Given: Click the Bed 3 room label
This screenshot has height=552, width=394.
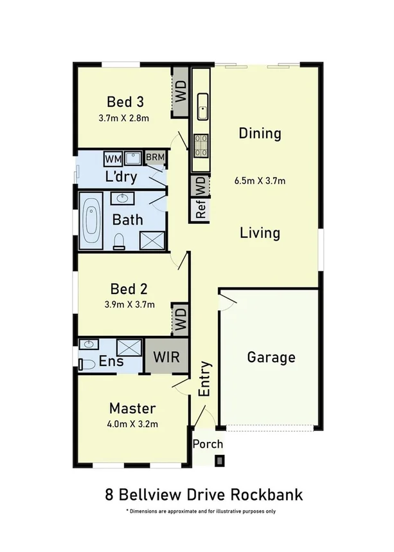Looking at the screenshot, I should click(125, 102).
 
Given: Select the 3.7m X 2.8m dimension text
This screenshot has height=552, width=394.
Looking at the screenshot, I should click(124, 118).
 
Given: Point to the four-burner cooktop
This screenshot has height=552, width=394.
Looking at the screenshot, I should click(200, 145).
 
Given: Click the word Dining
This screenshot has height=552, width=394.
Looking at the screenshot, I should click(260, 134).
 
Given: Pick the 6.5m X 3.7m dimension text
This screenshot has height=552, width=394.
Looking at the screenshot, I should click(260, 181).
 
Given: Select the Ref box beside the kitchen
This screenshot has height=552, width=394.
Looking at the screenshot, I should click(200, 210).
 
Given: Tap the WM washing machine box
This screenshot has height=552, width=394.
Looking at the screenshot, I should click(113, 158).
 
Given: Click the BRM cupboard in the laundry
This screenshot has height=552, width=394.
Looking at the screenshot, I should click(155, 157).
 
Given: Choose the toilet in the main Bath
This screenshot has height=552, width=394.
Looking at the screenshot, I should click(118, 241).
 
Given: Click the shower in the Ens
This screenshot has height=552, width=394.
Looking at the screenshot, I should click(130, 348).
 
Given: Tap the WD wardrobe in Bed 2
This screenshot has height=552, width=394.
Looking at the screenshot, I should click(181, 318).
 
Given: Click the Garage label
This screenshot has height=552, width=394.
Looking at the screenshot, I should click(271, 357).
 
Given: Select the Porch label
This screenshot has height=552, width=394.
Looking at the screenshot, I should click(208, 444).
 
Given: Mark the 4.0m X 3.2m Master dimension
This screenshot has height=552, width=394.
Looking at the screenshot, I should click(133, 424).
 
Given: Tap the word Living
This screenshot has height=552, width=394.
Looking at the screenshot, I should click(260, 232).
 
